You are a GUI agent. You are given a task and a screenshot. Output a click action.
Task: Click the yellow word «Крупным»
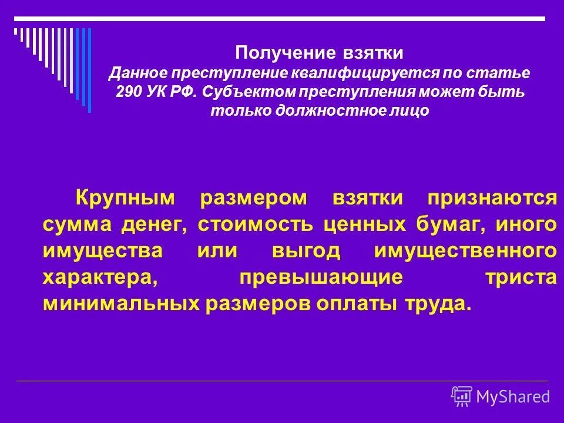[x=126, y=198]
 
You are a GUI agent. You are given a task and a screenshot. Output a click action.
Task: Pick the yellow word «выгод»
[x=306, y=251]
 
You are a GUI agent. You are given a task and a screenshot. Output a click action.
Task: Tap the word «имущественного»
[x=465, y=251]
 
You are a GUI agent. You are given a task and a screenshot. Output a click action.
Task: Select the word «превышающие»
[x=321, y=277]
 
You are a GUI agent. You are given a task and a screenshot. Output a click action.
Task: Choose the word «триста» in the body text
[x=521, y=277]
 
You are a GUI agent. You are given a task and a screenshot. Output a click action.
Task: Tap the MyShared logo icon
[x=462, y=397]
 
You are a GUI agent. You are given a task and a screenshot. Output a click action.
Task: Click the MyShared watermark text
[x=513, y=397]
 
